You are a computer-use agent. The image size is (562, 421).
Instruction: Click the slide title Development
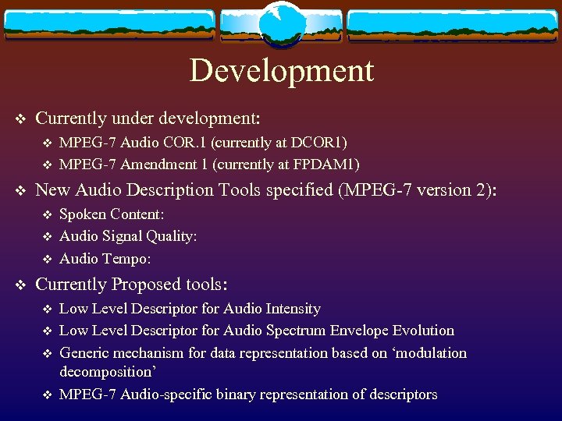[x=281, y=70]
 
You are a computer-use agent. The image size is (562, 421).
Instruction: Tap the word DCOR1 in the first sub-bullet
[x=320, y=142]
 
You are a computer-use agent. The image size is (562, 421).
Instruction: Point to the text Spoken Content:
[x=112, y=214]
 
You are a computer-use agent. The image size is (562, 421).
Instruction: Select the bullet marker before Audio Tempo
[x=46, y=259]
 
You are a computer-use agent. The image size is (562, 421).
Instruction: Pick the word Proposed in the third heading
[x=151, y=285]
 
